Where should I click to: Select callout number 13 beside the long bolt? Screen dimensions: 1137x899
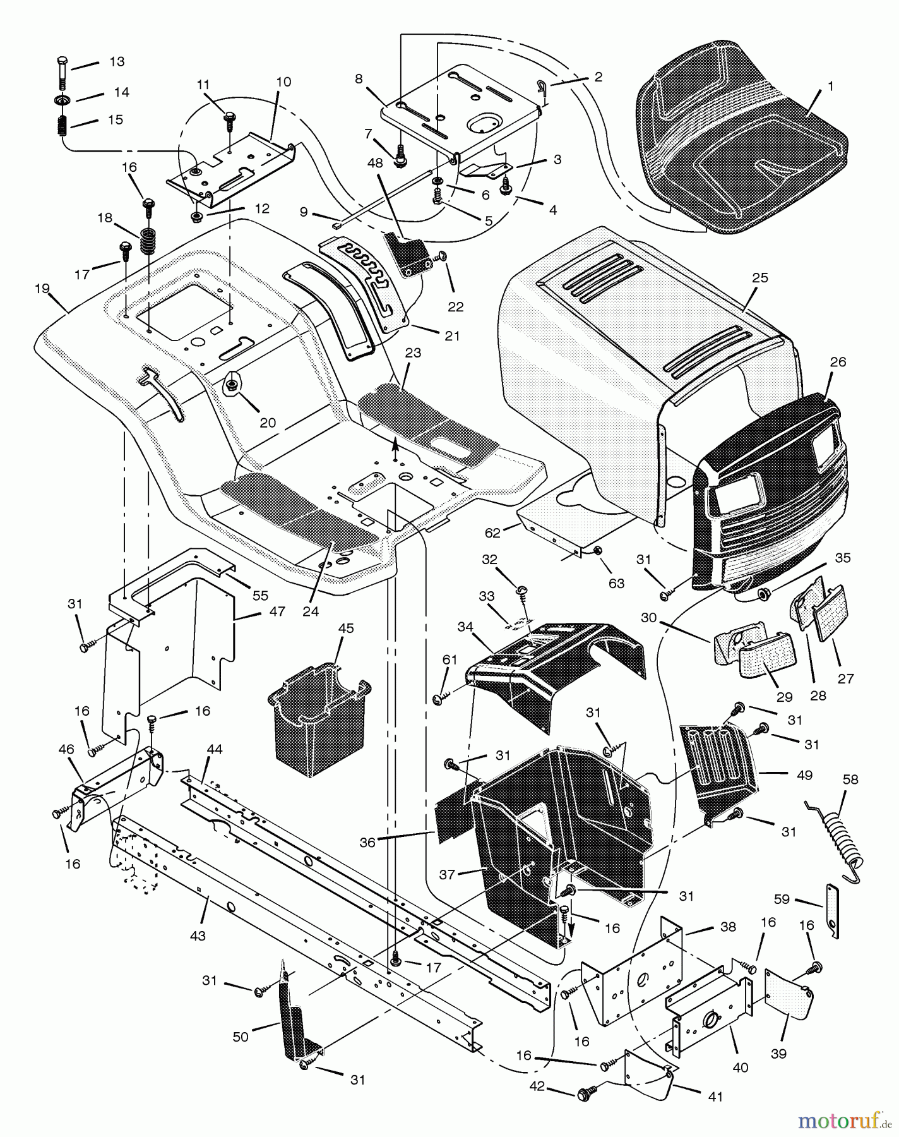(117, 62)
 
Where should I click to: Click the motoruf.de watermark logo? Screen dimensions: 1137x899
(843, 1121)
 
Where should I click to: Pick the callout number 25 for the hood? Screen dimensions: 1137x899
(760, 278)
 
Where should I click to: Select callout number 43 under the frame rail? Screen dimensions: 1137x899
(198, 935)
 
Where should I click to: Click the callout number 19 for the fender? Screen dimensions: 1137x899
(42, 289)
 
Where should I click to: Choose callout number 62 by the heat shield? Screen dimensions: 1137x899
(492, 532)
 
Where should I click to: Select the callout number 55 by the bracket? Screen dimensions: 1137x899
(260, 595)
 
